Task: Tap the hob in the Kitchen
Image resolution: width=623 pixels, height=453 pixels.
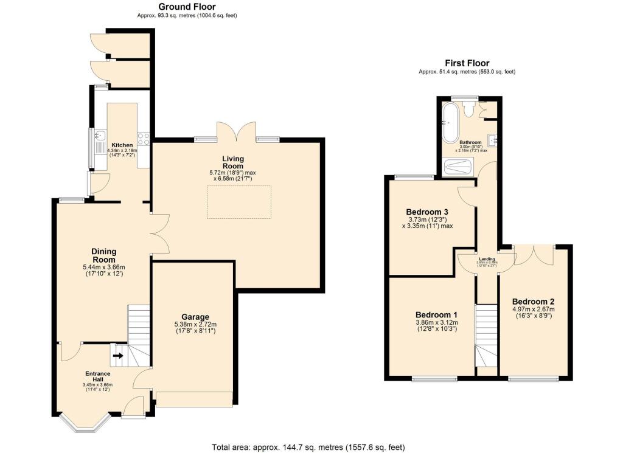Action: pyautogui.click(x=144, y=139)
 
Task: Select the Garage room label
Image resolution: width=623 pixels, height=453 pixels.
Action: pyautogui.click(x=195, y=317)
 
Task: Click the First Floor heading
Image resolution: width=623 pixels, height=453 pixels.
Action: pyautogui.click(x=467, y=63)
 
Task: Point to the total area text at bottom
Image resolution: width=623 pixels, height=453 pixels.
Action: pyautogui.click(x=308, y=447)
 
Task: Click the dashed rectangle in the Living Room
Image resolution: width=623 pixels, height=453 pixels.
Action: pyautogui.click(x=239, y=202)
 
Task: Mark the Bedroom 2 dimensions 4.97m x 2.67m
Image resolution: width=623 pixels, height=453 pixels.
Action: pyautogui.click(x=532, y=309)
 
